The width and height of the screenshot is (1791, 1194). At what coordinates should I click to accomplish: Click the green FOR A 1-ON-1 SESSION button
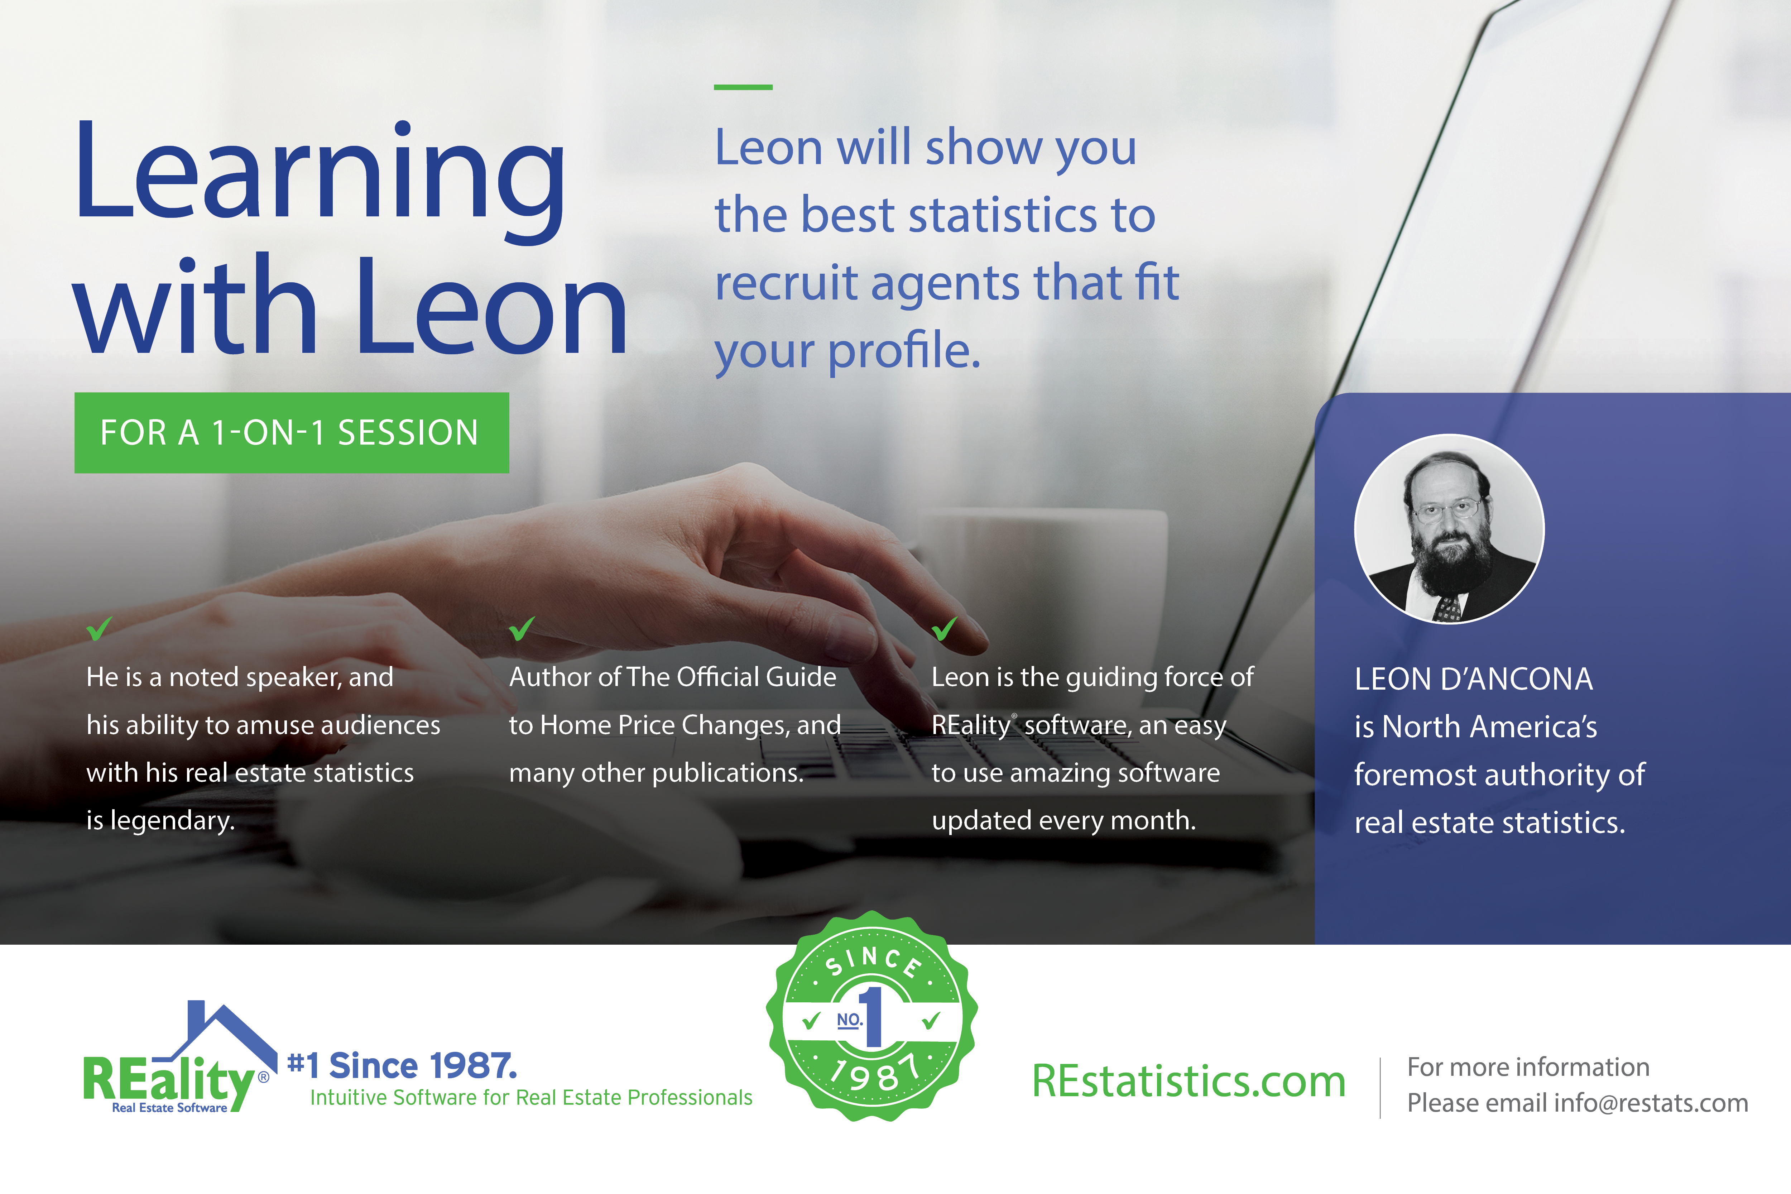click(292, 432)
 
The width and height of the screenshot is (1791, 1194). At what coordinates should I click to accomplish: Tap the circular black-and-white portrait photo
click(1449, 529)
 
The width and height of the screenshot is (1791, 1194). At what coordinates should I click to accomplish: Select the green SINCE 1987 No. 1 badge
click(872, 1017)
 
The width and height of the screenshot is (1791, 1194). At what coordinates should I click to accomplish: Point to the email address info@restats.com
click(1651, 1103)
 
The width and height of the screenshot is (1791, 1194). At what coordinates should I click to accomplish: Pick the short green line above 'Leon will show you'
click(743, 87)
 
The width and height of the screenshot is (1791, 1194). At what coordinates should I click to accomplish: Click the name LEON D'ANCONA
click(1474, 678)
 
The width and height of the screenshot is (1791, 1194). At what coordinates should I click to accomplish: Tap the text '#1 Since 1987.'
click(402, 1066)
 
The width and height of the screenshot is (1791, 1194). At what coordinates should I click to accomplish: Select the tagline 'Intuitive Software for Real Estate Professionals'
click(531, 1097)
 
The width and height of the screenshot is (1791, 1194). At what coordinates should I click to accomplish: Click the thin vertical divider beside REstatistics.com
click(1380, 1087)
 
